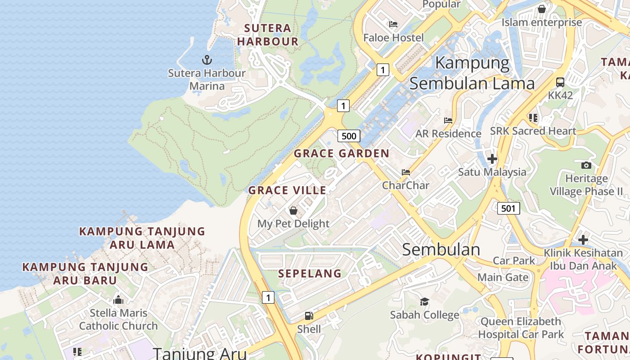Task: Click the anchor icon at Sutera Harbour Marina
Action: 207,59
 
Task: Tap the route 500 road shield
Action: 349,136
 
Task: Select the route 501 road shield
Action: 508,208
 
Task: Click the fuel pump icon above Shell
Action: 309,316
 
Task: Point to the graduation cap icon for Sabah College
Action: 424,301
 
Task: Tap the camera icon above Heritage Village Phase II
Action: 586,165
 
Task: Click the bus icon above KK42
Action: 560,82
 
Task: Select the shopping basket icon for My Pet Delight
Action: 293,211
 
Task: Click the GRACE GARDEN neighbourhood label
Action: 342,153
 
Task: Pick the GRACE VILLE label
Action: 288,190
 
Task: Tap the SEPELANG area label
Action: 310,274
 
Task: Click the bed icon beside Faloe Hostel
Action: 393,24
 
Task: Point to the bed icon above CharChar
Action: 406,172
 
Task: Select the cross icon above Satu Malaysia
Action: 492,158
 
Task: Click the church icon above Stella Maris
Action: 118,300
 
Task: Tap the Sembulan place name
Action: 441,250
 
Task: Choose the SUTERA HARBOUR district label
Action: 268,35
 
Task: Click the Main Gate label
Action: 503,277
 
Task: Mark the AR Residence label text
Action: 448,134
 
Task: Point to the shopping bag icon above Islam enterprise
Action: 542,9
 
